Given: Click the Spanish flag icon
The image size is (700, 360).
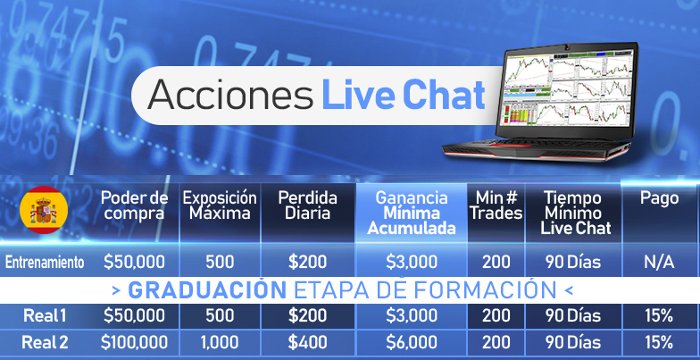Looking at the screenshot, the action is pos(44,210).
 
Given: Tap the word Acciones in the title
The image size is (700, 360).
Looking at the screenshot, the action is pos(230,95).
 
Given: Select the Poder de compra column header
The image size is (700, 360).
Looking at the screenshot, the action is pos(134,205).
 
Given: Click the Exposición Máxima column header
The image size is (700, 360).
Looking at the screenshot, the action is pos(220,205).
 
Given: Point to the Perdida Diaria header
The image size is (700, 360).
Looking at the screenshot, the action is pos(307,205).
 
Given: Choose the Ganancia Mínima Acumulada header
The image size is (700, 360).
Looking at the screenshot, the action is pos(411,213).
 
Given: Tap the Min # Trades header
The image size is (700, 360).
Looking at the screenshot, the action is pos(496,205).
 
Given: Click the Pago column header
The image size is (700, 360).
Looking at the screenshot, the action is pos(659,198).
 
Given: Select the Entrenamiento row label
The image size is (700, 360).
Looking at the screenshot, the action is pos(45,263).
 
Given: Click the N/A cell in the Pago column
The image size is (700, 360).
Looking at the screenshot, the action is pos(659,263).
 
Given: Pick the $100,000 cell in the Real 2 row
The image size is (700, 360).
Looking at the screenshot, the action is pos(134,343).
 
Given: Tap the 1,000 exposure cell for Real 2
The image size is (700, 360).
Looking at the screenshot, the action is pos(220,343).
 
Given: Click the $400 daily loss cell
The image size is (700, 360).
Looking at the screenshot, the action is pos(307,343).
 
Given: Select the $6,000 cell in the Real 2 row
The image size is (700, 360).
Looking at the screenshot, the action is pos(411,343).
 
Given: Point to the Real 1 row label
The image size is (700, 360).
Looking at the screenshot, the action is pos(45,316).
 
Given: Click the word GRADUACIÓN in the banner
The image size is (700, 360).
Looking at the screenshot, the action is pos(207,290).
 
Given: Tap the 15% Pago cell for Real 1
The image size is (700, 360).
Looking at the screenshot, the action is pos(659,316).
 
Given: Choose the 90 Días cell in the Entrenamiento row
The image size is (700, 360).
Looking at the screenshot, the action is pos(573,263).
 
